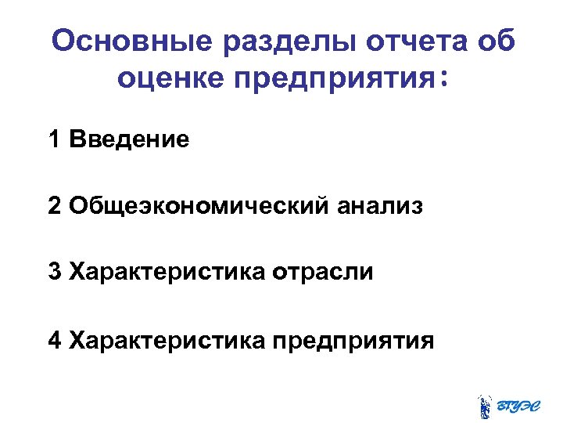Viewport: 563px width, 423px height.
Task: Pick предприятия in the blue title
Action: pyautogui.click(x=335, y=81)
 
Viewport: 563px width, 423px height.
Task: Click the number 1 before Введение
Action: pyautogui.click(x=55, y=140)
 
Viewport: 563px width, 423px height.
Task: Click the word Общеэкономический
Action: pyautogui.click(x=199, y=208)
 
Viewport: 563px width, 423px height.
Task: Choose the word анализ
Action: pyautogui.click(x=381, y=208)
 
